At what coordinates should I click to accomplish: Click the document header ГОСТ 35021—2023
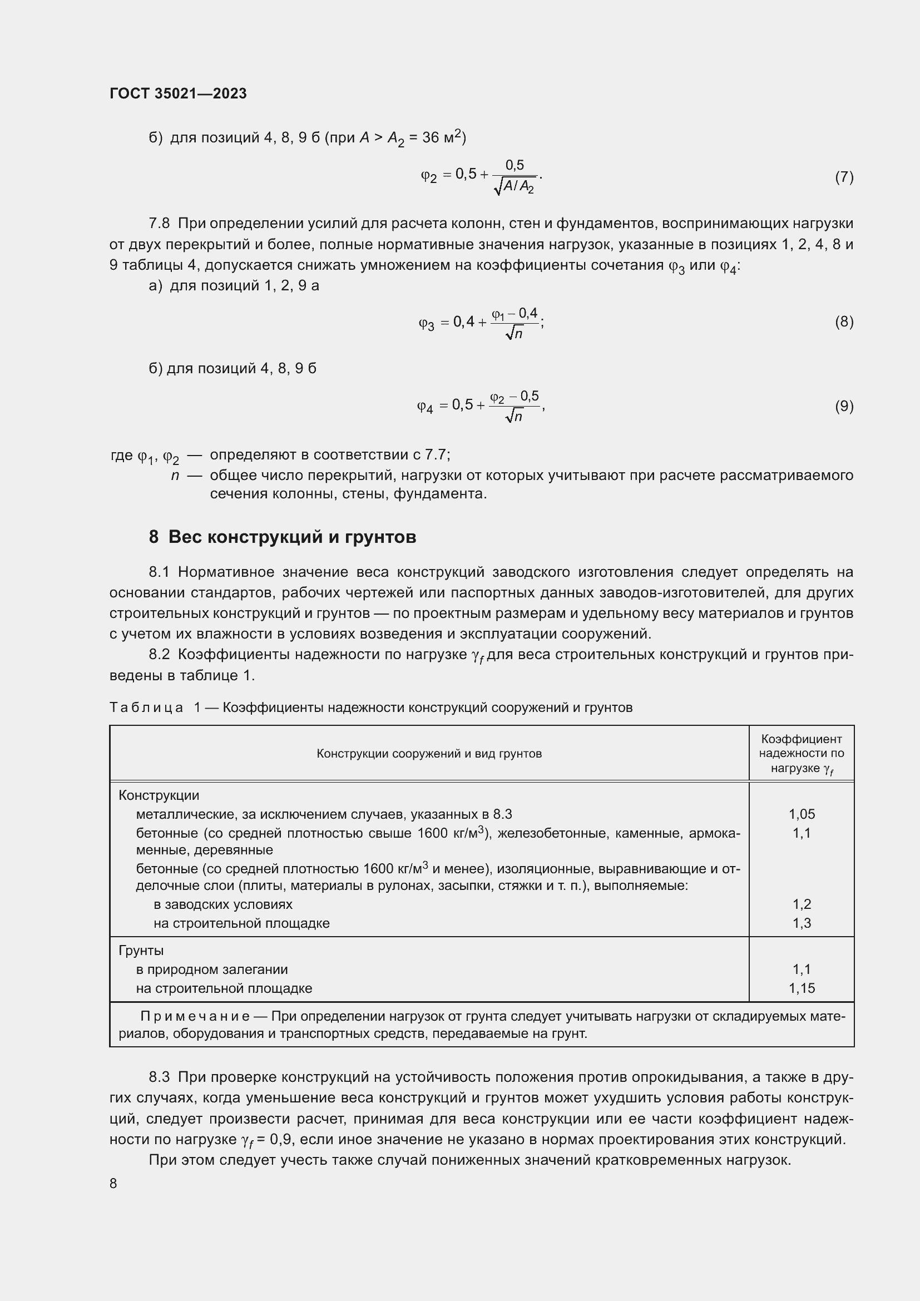coord(178,93)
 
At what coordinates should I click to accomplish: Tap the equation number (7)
coord(844,177)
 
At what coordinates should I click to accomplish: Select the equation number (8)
coord(844,322)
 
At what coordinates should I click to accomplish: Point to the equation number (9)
coord(844,406)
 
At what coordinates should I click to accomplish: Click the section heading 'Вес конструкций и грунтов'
coord(292,537)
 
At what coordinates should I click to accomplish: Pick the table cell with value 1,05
coord(801,814)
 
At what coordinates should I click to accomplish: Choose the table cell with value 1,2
coord(801,904)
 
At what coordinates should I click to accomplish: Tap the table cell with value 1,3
coord(801,923)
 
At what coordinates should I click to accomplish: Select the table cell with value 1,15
coord(801,988)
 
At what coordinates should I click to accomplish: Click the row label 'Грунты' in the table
coord(141,950)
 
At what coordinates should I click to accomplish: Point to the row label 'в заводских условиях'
coord(222,904)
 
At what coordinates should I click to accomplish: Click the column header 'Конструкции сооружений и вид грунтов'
coord(429,754)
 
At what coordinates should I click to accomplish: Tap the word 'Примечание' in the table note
coord(195,1017)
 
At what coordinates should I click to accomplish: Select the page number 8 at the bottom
coord(113,1183)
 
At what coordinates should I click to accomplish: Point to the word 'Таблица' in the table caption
coord(146,708)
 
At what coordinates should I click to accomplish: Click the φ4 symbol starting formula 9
coord(425,406)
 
